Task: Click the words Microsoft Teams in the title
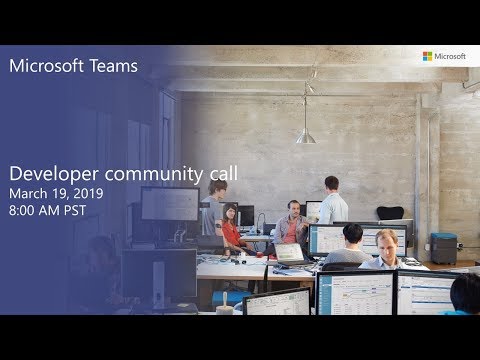point(73,67)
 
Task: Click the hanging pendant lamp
point(306,134)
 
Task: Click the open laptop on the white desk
point(290,254)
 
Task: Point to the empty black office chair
point(390,214)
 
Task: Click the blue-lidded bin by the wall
point(443,247)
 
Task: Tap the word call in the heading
point(223,174)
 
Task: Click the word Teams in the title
point(114,67)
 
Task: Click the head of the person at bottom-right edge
point(465,292)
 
